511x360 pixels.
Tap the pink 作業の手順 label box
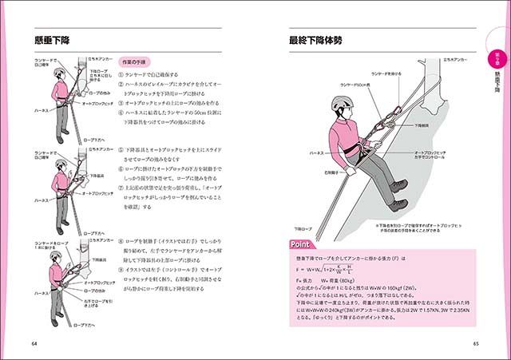[133, 61]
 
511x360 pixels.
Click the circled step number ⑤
[121, 150]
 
